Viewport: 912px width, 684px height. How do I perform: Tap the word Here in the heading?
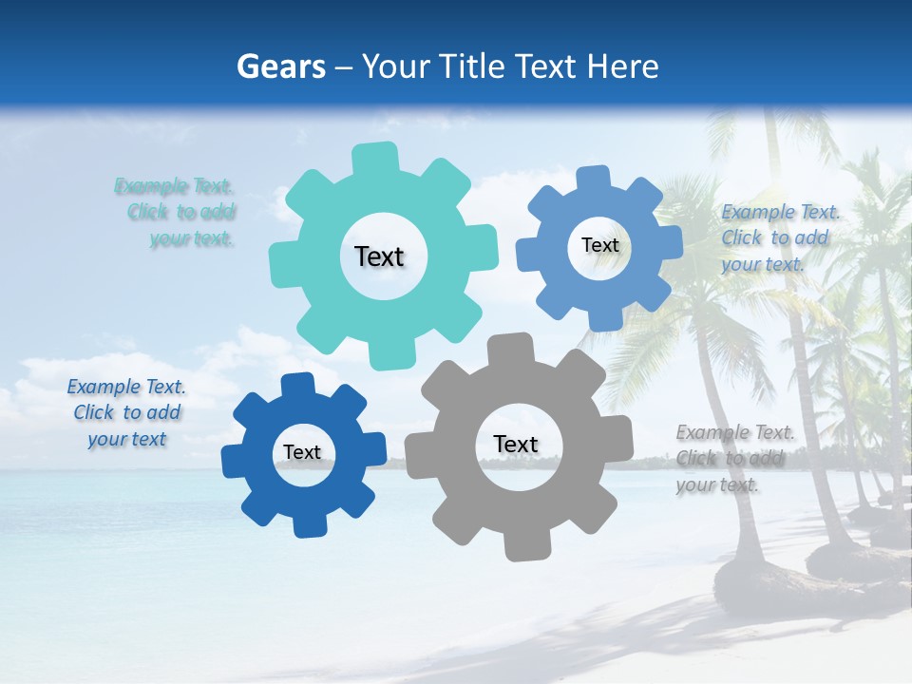[x=622, y=66]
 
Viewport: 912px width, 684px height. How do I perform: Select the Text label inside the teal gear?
[x=379, y=256]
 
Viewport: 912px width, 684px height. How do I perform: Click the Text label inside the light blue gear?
[x=599, y=245]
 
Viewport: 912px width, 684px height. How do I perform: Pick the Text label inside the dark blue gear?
[x=302, y=453]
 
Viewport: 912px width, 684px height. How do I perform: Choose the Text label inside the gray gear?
[x=516, y=445]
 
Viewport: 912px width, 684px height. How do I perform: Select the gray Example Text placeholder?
[x=731, y=459]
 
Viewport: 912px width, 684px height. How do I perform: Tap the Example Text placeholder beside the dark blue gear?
[x=127, y=412]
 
